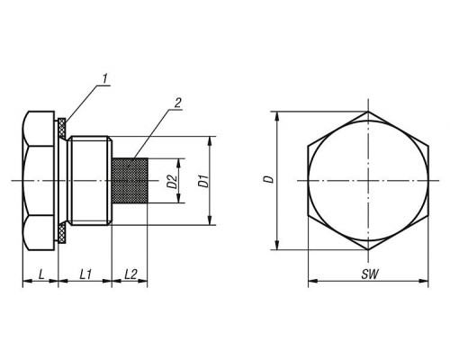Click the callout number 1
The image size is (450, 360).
coord(104,79)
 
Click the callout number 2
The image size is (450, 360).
coord(177,103)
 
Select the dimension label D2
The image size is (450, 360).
coord(173,182)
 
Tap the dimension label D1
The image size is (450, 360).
coord(204,181)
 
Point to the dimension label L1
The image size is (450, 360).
coord(85,274)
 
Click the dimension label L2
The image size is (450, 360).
coord(130,274)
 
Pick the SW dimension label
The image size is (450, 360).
coord(370,274)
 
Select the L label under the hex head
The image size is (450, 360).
coord(41,274)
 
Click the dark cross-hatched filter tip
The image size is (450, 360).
coord(130,181)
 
